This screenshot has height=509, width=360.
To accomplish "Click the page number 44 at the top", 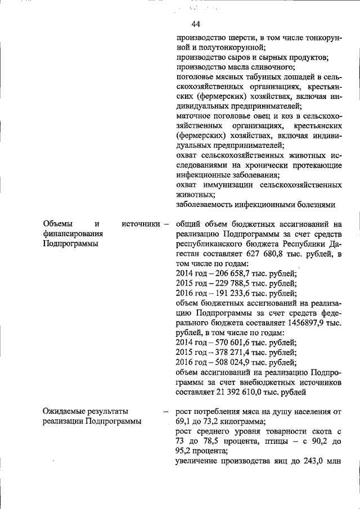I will (x=196, y=24).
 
